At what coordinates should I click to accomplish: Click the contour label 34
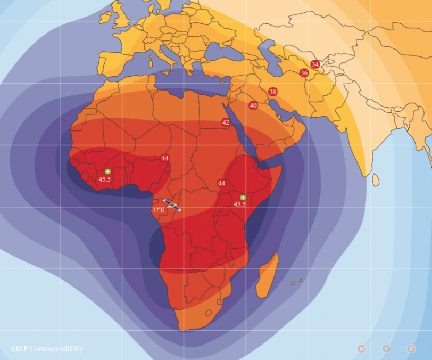[x=315, y=64]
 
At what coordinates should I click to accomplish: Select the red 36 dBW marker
[x=304, y=73]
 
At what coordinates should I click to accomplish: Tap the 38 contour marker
[x=273, y=92]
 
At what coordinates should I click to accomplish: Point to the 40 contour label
[x=253, y=105]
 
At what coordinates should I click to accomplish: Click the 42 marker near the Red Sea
[x=226, y=122]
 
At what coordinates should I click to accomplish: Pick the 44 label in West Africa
[x=165, y=158]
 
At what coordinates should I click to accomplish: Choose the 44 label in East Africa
[x=221, y=183]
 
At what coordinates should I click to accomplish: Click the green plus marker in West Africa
[x=107, y=171]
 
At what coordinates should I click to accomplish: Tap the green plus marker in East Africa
[x=243, y=197]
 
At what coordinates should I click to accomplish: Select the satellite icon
[x=172, y=204]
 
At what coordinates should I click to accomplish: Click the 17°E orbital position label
[x=159, y=210]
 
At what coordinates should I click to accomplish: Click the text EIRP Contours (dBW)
[x=47, y=349]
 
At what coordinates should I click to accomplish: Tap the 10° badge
[x=362, y=349]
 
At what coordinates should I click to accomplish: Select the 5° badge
[x=387, y=349]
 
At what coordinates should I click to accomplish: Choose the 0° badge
[x=411, y=349]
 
